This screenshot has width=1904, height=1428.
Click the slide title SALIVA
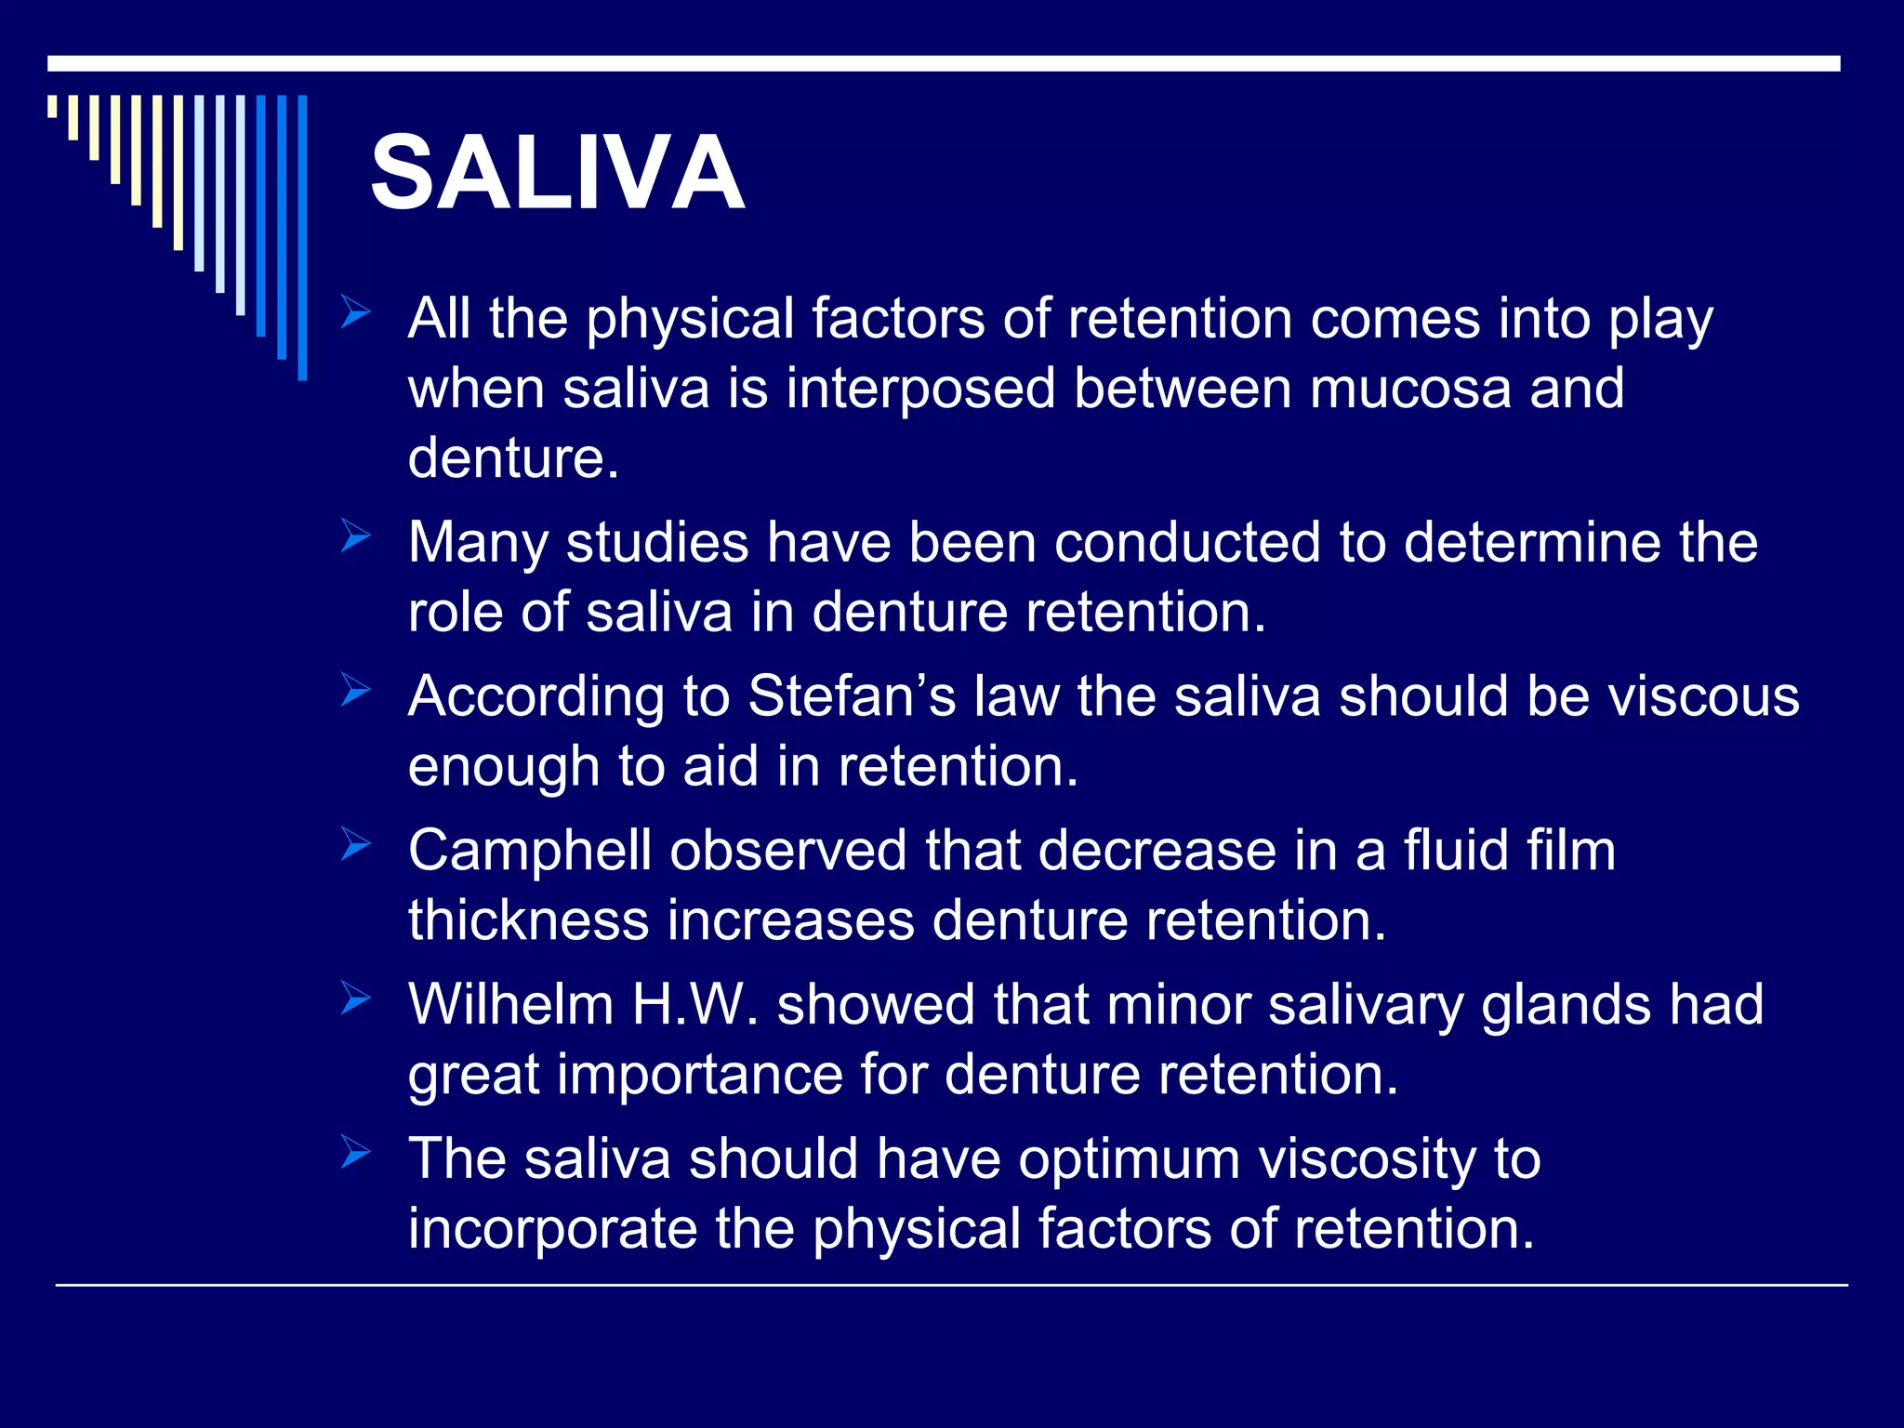[x=557, y=173]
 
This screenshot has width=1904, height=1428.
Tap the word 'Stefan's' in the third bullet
[x=852, y=695]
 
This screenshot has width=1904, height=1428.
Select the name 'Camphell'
[x=529, y=850]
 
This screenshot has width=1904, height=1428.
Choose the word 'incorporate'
[x=553, y=1229]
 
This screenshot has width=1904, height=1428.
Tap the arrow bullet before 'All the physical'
[x=354, y=311]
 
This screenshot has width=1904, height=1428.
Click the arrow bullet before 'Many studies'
[x=354, y=535]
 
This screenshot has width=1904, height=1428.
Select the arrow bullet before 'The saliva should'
[x=354, y=1153]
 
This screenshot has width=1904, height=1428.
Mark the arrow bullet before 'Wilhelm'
[x=354, y=998]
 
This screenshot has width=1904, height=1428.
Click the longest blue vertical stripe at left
[x=302, y=237]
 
